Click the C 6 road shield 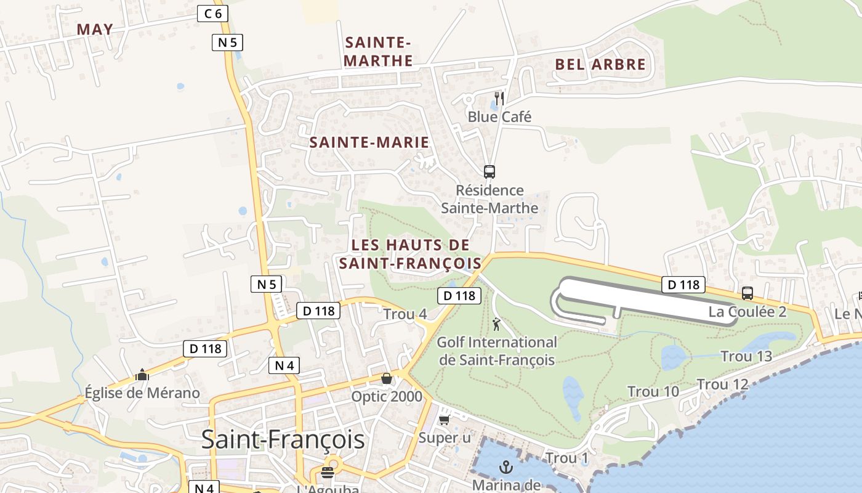click(212, 13)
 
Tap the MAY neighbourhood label click(95, 29)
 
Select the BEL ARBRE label click(600, 64)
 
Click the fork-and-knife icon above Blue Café click(499, 99)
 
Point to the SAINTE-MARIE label click(369, 142)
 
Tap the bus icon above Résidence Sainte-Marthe click(489, 172)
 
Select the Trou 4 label click(405, 314)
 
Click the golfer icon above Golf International click(496, 324)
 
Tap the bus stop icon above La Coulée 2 click(747, 293)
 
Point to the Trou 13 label click(746, 356)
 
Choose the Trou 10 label click(653, 391)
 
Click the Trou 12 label click(722, 385)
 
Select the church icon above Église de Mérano click(142, 375)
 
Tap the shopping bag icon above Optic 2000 click(387, 378)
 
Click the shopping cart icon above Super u click(444, 420)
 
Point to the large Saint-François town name click(283, 440)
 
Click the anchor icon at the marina click(506, 467)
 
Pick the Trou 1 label click(566, 458)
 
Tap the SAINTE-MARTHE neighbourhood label click(378, 51)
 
